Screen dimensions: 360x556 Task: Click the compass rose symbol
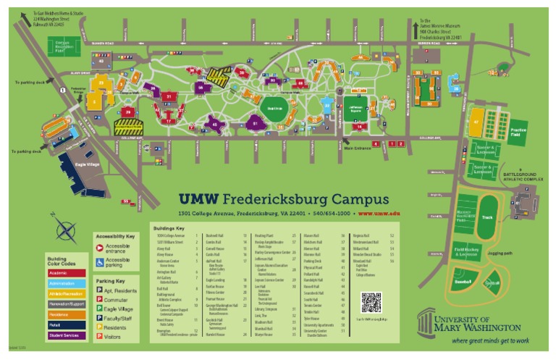67,230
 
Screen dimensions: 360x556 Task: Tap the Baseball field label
463,281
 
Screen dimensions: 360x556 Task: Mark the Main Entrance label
358,148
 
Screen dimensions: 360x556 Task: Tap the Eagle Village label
86,164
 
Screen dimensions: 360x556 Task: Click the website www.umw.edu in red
379,214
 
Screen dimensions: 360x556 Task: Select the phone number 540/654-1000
334,214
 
